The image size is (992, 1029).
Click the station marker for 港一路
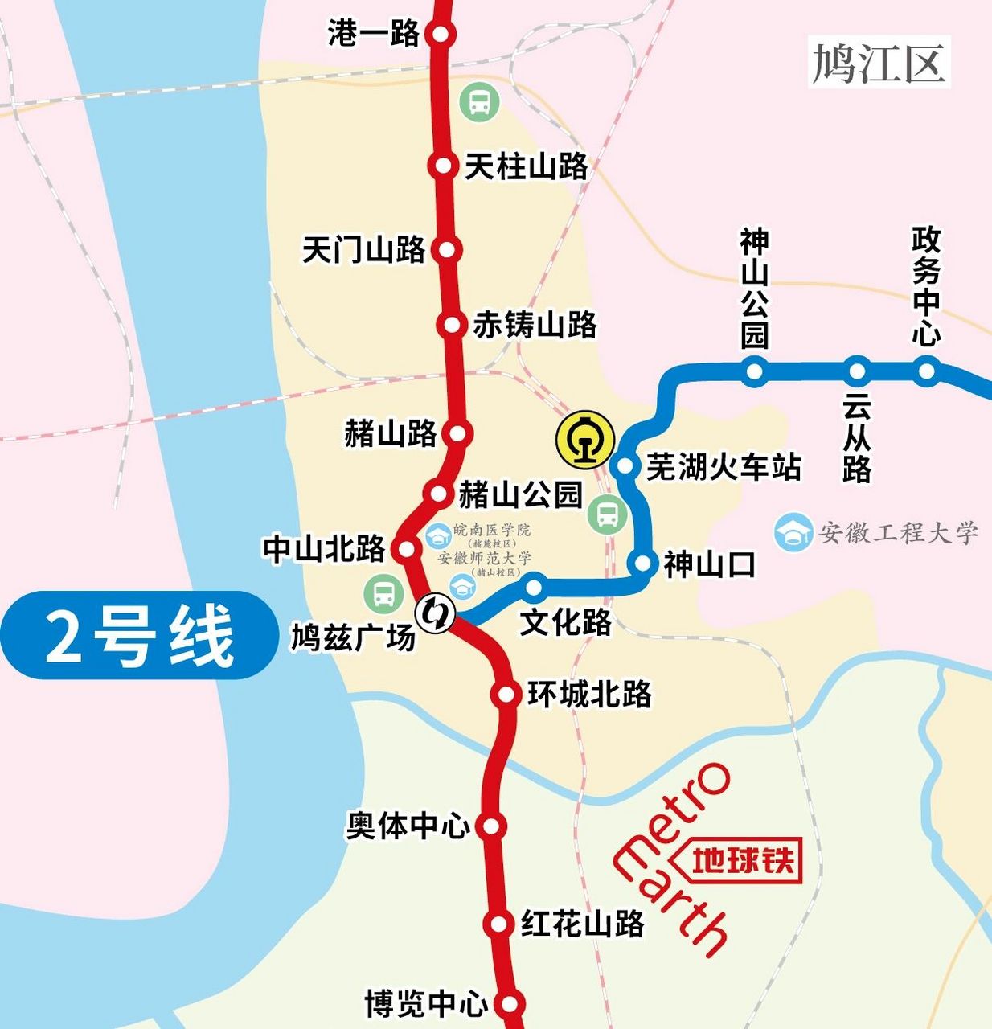pos(441,34)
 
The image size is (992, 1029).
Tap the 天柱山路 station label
pos(527,167)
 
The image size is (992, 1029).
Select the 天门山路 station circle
pos(446,249)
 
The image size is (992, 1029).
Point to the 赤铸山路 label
pos(535,325)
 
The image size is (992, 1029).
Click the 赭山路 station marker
pos(457,433)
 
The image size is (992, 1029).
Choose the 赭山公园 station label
pos(520,494)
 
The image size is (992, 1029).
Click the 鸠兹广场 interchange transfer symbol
pos(435,614)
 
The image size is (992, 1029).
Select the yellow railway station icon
pos(585,440)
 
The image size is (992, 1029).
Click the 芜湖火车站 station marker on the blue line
pos(625,465)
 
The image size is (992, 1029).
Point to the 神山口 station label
pos(710,565)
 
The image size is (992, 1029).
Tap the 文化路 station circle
pos(535,588)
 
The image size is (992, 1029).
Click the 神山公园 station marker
pos(754,371)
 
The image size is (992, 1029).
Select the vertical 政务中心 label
pos(925,286)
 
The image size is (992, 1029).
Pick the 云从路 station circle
pos(857,371)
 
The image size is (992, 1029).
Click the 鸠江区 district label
pos(879,62)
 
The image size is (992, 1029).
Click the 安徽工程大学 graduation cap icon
pos(793,532)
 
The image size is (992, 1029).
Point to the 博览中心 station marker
pos(509,1004)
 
